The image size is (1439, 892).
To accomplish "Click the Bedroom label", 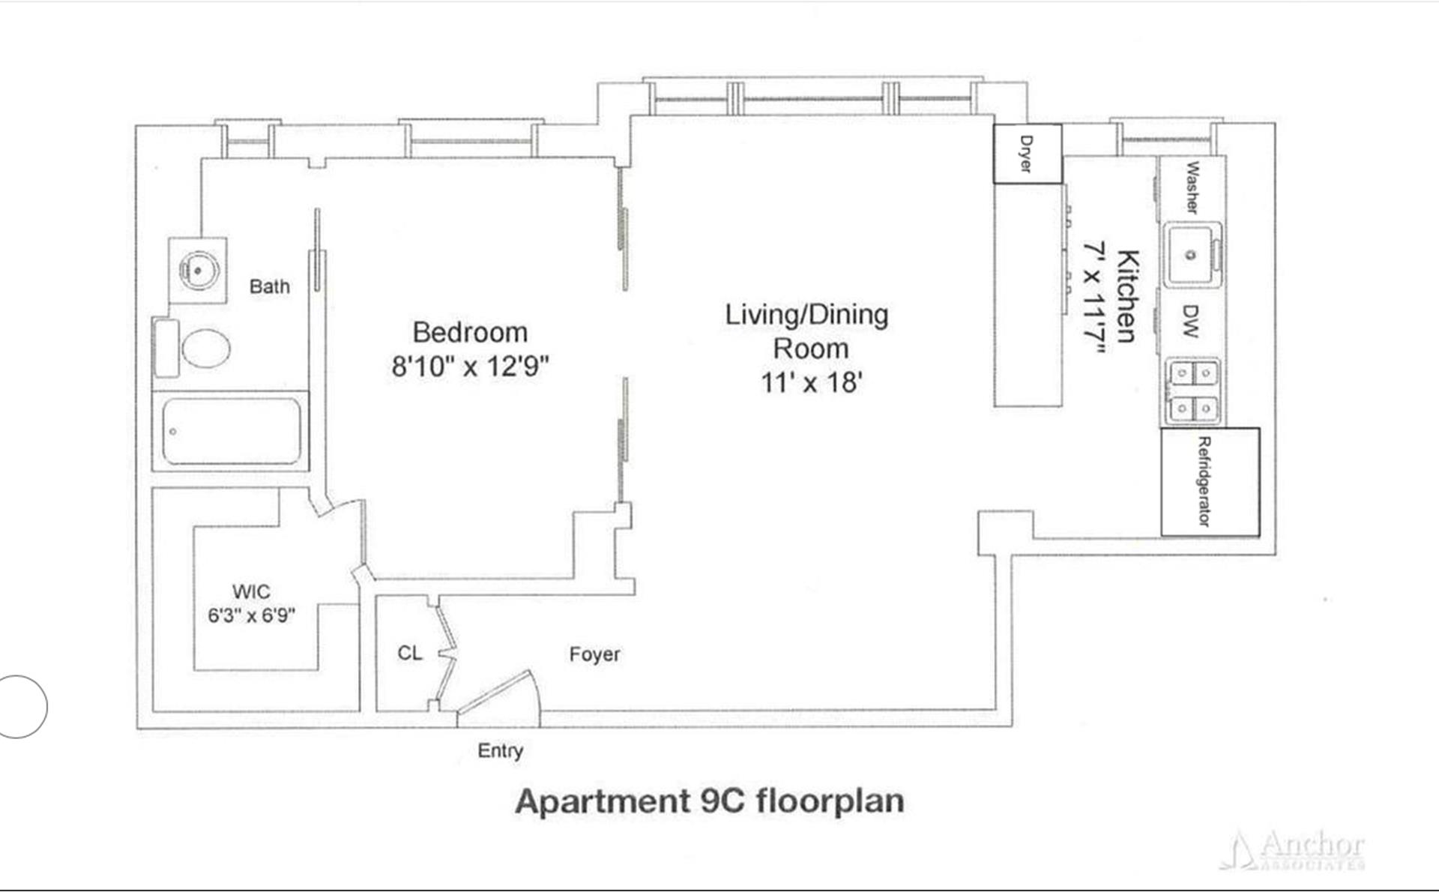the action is point(470,332).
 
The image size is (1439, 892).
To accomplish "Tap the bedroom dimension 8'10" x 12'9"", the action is point(470,367).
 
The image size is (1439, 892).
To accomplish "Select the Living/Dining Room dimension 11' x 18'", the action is point(812,382).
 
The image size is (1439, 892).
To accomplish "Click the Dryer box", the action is point(1028,154).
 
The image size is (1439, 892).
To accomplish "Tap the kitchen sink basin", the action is point(1191,256).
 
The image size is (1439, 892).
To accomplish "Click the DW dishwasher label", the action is point(1191,321).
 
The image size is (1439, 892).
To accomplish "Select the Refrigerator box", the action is point(1210,482).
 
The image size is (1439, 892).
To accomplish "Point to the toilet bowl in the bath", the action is point(205,349).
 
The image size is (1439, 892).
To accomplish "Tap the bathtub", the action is point(231,431).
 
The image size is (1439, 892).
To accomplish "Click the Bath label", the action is point(269,286).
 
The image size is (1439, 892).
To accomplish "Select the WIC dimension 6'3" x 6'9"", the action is point(251,615).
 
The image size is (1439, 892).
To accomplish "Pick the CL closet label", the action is point(409,653).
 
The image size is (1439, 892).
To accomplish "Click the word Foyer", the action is point(594,654).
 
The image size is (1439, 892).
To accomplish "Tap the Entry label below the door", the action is point(500,750).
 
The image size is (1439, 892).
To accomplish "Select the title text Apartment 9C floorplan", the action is point(709,801).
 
